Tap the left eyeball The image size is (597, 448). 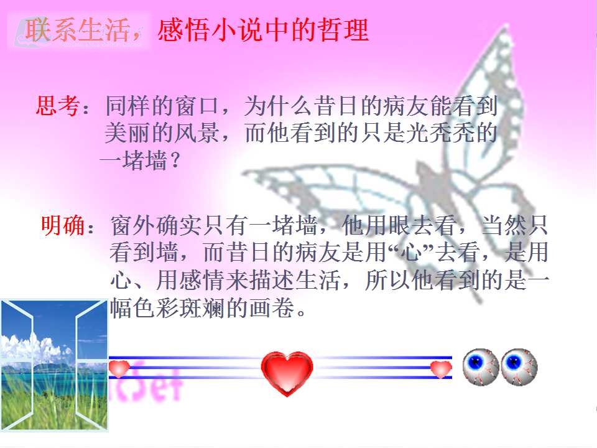[x=481, y=366]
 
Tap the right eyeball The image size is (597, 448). [x=519, y=366]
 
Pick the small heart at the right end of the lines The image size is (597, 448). [x=441, y=369]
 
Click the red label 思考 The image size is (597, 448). [x=58, y=106]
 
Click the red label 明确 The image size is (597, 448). [x=63, y=225]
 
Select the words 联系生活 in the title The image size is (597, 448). [x=77, y=30]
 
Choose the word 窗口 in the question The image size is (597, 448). [x=197, y=106]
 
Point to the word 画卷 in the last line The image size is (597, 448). [x=272, y=308]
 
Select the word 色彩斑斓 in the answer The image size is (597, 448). [x=178, y=308]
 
